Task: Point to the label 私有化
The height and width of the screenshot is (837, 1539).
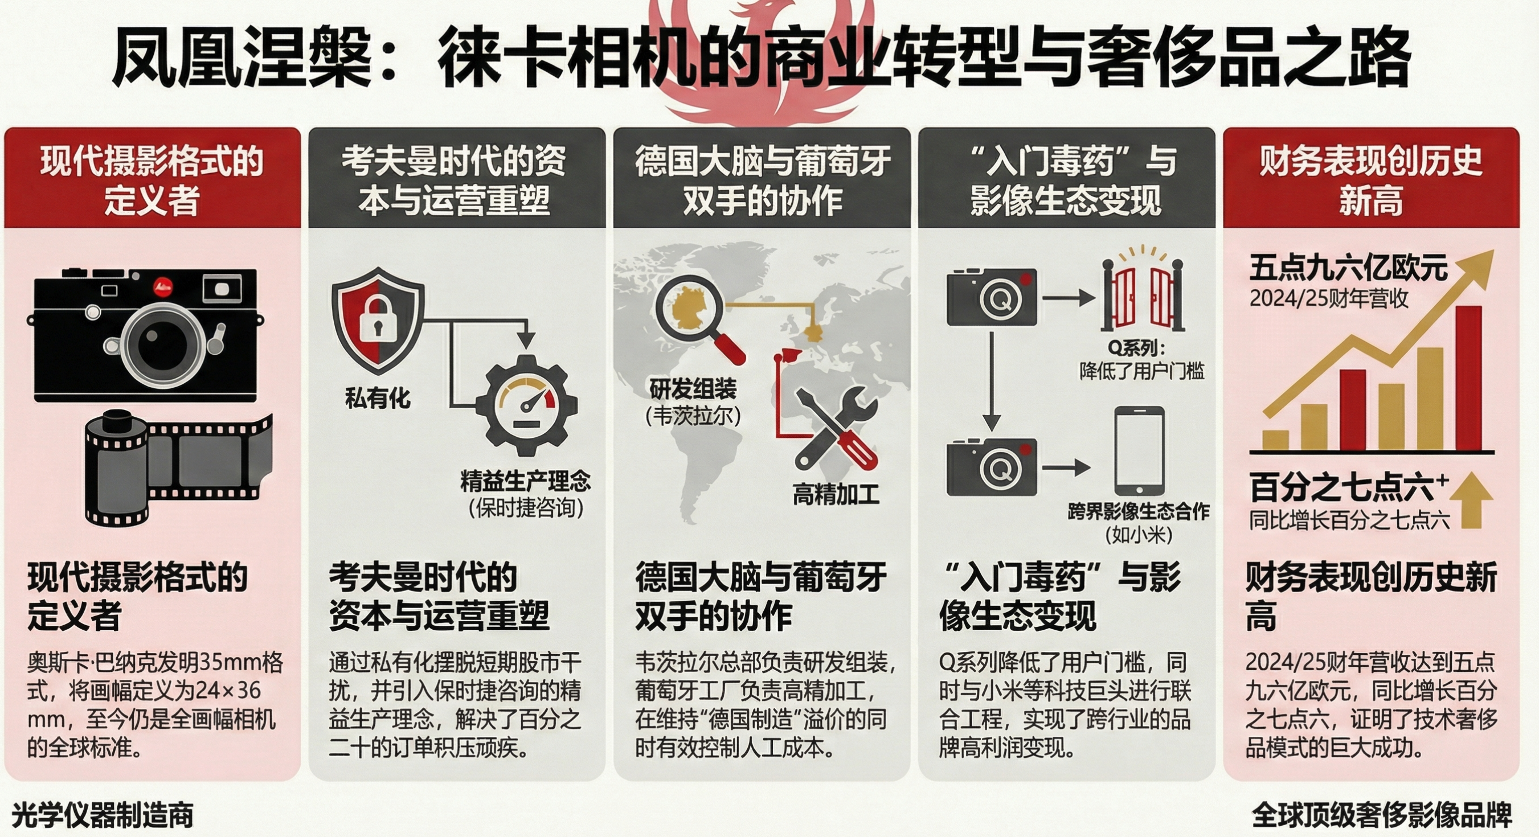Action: tap(378, 398)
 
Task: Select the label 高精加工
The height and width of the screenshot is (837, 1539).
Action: tap(836, 495)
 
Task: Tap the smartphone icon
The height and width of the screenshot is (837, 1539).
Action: tap(1139, 450)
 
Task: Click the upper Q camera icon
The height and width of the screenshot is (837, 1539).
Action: tap(992, 296)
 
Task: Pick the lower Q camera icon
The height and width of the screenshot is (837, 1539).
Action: tap(992, 466)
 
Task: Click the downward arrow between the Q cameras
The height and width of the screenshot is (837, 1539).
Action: tap(992, 380)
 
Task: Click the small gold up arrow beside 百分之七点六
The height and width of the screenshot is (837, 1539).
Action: tap(1472, 500)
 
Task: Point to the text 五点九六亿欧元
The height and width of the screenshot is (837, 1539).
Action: tap(1348, 268)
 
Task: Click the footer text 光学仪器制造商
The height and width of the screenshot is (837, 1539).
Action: tap(103, 815)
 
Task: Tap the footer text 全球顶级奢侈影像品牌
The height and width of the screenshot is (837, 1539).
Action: tap(1382, 815)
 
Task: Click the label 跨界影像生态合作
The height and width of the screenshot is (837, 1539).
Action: tap(1139, 511)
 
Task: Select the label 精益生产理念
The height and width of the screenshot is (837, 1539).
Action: tap(525, 482)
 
